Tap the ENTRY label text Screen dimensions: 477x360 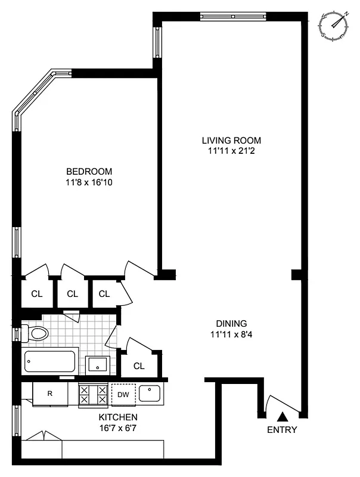pyautogui.click(x=282, y=430)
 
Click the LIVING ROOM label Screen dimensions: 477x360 pyautogui.click(x=231, y=140)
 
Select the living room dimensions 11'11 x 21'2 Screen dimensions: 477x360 pyautogui.click(x=231, y=150)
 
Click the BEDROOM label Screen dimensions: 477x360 pyautogui.click(x=89, y=172)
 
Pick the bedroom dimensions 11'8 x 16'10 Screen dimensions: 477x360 pyautogui.click(x=89, y=182)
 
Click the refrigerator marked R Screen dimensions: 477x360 pyautogui.click(x=50, y=394)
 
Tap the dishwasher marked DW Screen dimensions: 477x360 pyautogui.click(x=123, y=394)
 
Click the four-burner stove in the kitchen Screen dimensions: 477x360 pyautogui.click(x=94, y=395)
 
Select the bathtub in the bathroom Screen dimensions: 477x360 pyautogui.click(x=50, y=361)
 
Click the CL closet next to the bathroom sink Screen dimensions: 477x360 pyautogui.click(x=139, y=366)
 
